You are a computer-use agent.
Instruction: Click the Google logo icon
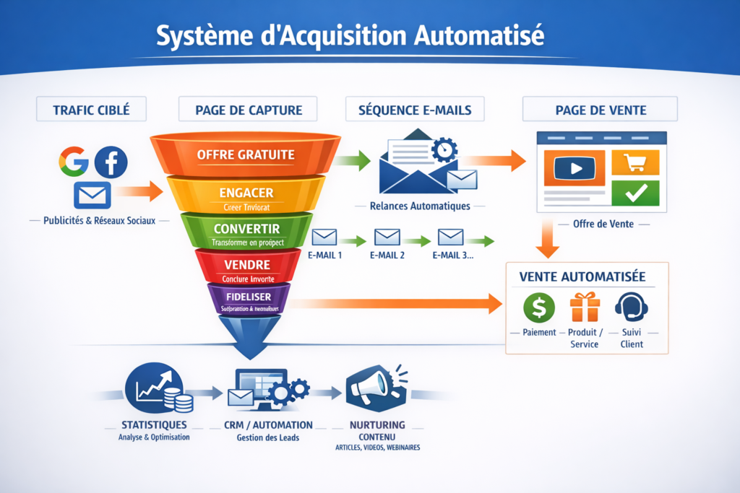74,162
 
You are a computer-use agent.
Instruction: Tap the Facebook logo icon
111,162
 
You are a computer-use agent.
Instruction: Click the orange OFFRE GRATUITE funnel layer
246,154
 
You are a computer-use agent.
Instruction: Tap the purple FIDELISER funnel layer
248,297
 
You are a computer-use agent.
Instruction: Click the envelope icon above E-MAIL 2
387,237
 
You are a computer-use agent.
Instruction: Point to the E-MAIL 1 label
324,255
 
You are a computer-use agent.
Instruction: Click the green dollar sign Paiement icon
539,307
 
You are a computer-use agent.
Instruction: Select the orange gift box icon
585,307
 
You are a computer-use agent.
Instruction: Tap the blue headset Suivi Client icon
631,307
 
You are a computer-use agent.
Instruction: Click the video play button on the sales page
575,169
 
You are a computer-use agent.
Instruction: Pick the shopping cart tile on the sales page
635,162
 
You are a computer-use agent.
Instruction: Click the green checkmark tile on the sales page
635,193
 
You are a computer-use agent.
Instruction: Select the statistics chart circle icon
154,391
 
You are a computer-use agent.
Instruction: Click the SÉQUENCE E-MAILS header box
416,110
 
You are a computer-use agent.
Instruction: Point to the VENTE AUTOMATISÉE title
582,277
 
